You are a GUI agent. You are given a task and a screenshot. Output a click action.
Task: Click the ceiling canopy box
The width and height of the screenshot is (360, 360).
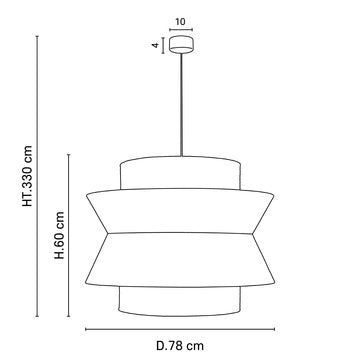[x=181, y=44]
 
